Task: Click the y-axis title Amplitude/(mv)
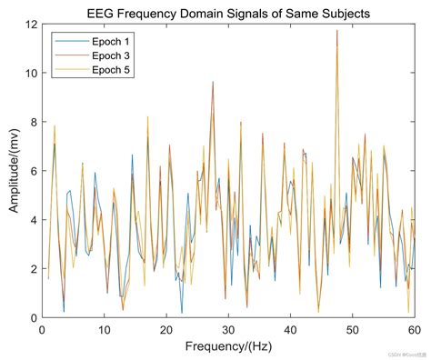tap(15, 170)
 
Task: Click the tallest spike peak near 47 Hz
tap(336, 31)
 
